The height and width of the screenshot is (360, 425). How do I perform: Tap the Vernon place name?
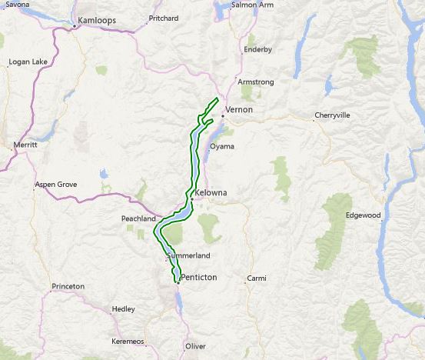point(239,110)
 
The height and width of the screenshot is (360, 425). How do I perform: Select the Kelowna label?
point(212,192)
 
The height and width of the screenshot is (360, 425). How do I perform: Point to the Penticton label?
point(198,276)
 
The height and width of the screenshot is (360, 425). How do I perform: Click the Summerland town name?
point(188,255)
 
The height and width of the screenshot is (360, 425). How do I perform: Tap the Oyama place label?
point(222,146)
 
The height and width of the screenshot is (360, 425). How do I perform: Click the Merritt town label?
point(25,145)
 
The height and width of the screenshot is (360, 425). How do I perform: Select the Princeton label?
point(68,286)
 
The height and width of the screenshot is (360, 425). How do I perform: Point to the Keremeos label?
point(128,339)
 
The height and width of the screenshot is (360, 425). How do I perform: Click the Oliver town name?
point(196,346)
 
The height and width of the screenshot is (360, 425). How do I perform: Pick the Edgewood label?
point(364,215)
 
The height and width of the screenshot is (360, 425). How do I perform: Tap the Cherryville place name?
point(332,115)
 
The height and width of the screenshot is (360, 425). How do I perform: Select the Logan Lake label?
point(28,62)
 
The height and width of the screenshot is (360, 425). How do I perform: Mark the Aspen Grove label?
point(57,185)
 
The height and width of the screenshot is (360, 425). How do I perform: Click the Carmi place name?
point(256,278)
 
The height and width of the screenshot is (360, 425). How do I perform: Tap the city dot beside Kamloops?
point(74,26)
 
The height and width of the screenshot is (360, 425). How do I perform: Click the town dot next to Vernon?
point(222,115)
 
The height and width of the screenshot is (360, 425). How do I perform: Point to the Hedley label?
point(123,309)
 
